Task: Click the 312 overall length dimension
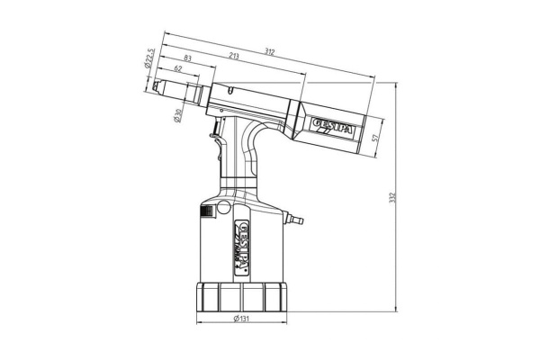click(270, 51)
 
